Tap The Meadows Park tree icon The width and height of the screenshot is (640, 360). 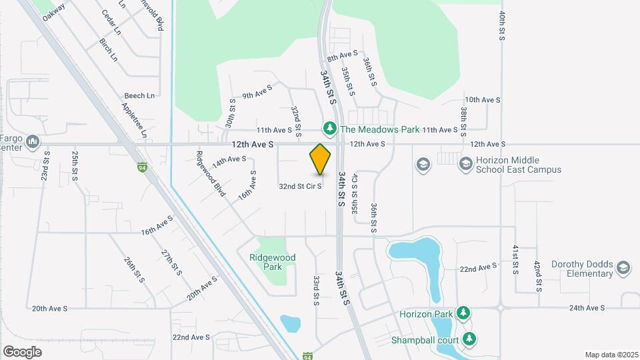tap(329, 127)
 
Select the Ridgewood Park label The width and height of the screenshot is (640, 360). tap(272, 262)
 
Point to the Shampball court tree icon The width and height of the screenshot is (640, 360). tap(470, 339)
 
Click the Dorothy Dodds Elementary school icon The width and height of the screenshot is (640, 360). tap(623, 268)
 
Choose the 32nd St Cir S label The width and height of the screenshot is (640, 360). tap(300, 187)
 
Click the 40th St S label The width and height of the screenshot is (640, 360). tap(502, 25)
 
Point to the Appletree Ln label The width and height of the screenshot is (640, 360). tap(134, 121)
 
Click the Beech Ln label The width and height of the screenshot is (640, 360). tap(141, 95)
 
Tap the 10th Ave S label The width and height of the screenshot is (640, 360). tap(482, 99)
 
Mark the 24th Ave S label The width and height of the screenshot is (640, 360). tap(587, 308)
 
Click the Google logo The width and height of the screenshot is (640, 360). tap(22, 351)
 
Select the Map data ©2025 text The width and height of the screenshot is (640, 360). tap(611, 355)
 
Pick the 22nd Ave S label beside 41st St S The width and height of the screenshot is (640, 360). tap(478, 268)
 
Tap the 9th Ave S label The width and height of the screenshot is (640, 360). tap(257, 92)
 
